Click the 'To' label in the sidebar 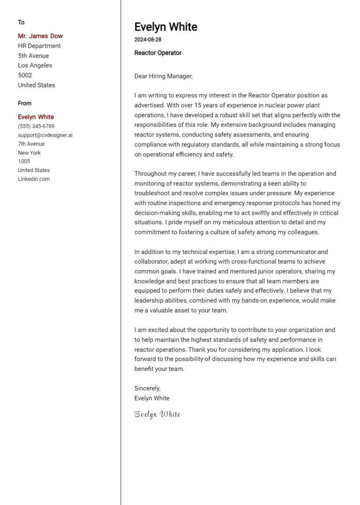tap(21, 22)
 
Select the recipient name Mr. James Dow tap(40, 36)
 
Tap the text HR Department tap(39, 46)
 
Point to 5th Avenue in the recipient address tap(33, 56)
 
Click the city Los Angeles tap(35, 66)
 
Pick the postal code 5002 tap(25, 75)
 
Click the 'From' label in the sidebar tap(25, 104)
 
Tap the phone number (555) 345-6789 tap(36, 126)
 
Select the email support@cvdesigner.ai tap(45, 135)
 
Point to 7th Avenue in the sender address tap(31, 144)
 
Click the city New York tap(30, 153)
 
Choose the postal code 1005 tap(24, 162)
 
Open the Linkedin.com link tap(34, 179)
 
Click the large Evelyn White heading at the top tap(165, 27)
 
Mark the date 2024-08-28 tap(148, 40)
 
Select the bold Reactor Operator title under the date tap(158, 53)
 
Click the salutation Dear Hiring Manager tap(163, 76)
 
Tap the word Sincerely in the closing tap(147, 388)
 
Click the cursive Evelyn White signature tap(157, 414)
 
